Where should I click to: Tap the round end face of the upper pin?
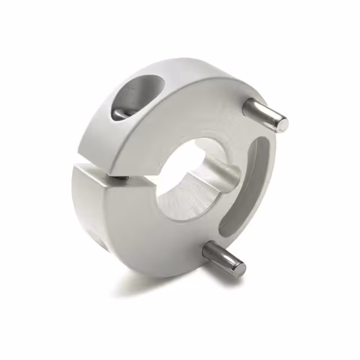tap(282, 124)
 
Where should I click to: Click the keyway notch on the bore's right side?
tap(222, 172)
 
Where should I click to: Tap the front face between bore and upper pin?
tap(219, 124)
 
